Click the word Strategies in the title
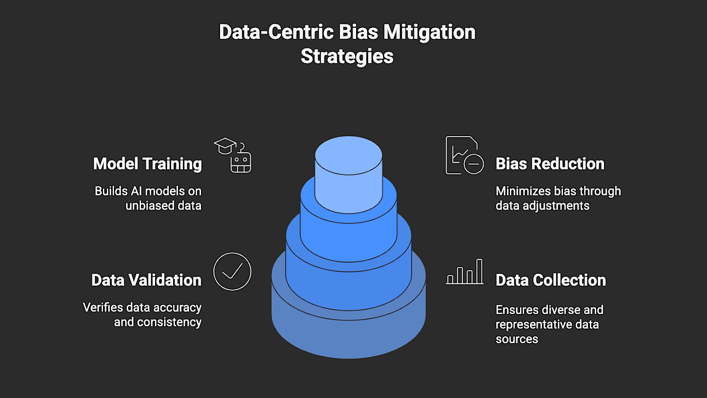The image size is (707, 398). point(347,57)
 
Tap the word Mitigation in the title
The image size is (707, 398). point(429,32)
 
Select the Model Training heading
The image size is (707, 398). point(148,164)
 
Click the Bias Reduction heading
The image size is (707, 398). point(550,164)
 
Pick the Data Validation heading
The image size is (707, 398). point(146,280)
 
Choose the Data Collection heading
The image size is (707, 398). point(551,280)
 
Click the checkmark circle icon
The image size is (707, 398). point(232,272)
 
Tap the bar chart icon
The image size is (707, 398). point(465,272)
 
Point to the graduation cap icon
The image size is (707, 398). point(225,145)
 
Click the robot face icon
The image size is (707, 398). point(241,162)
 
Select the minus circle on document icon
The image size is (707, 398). point(474,164)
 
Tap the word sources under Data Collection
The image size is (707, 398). point(517,339)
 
